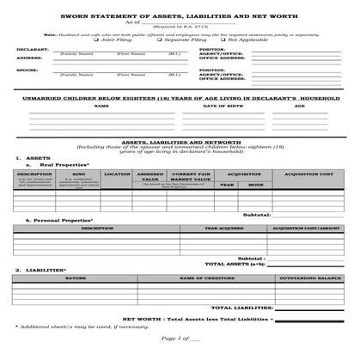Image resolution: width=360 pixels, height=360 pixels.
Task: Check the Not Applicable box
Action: point(222,40)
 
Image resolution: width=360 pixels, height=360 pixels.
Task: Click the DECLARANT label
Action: point(32,50)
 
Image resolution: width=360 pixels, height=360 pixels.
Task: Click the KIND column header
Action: point(79,174)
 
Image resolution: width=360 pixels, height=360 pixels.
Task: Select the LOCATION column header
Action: point(117,174)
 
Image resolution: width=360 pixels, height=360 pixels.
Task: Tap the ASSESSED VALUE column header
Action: point(150,176)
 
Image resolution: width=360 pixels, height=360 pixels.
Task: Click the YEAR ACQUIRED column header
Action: point(223,228)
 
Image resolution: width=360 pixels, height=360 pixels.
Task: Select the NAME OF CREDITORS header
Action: point(198,278)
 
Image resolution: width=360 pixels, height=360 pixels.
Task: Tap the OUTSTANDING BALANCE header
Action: point(306,278)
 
